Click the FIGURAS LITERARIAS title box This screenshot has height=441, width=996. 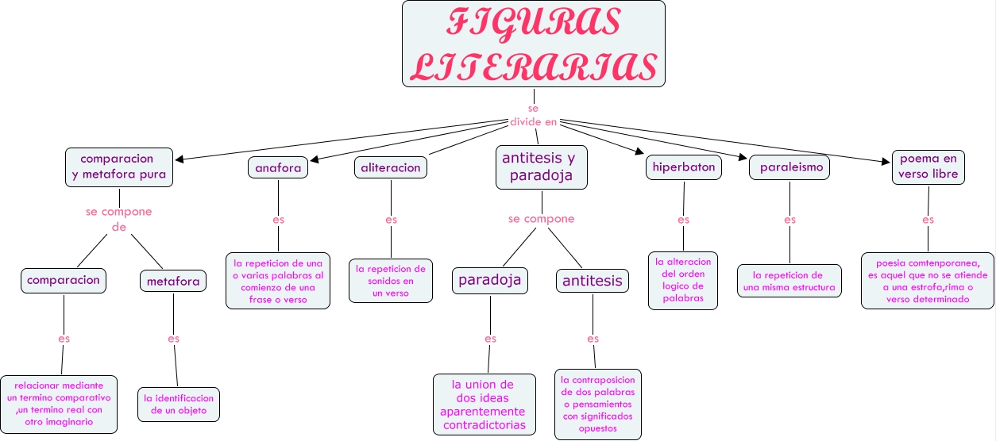533,44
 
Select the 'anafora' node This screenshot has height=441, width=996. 278,167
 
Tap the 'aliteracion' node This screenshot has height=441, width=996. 391,167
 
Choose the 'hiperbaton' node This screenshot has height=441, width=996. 683,167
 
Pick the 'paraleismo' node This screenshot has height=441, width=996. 789,168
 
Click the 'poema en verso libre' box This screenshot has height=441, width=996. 928,167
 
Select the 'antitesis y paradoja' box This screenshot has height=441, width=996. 541,167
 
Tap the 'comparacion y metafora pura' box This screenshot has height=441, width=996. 119,167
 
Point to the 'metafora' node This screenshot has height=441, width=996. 173,281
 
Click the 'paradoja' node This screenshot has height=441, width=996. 490,279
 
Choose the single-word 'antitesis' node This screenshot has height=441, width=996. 593,280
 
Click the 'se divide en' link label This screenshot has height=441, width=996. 533,115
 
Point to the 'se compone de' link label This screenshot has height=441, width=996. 119,220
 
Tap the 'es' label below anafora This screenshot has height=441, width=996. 278,220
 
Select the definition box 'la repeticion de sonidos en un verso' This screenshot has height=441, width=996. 391,280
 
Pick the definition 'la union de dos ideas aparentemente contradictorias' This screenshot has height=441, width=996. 484,405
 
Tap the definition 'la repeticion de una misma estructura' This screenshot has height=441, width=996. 789,281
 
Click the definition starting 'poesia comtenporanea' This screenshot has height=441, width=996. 927,281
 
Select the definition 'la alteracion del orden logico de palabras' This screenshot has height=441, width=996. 683,280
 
